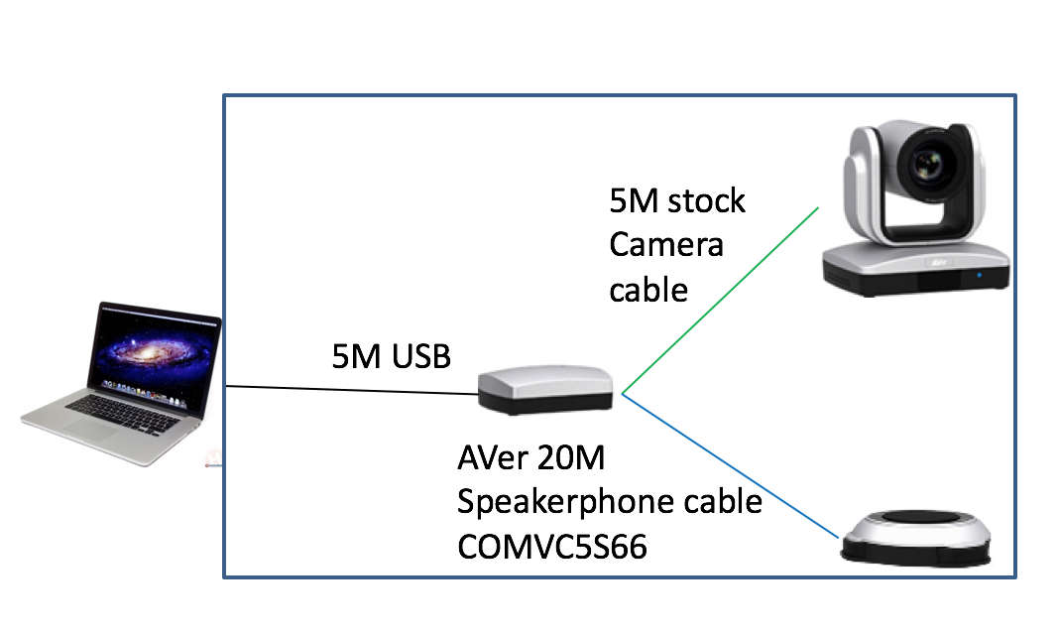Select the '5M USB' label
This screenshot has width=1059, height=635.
tap(392, 356)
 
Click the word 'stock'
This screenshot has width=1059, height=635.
tap(705, 201)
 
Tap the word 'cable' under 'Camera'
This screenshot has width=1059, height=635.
tap(648, 290)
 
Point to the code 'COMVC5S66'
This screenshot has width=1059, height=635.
tap(552, 546)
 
